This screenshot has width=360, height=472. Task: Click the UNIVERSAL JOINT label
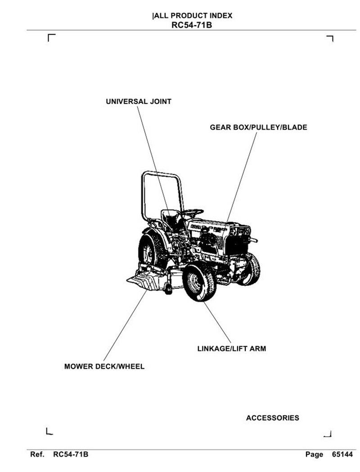pos(139,102)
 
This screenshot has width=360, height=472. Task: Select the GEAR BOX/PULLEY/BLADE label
pos(258,127)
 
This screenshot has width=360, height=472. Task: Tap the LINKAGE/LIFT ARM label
pos(231,349)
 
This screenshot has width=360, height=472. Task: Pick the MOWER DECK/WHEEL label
pos(104,367)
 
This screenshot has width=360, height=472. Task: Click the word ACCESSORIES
pos(272,418)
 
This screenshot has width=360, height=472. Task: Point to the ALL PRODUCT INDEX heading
pos(193,16)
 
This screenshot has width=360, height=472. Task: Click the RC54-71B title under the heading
pos(192,25)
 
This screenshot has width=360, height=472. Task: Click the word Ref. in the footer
pos(37,454)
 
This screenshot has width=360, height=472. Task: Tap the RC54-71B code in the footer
pos(71,454)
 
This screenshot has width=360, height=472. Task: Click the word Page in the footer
pos(314,454)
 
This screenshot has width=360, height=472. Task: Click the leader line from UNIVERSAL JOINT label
pos(151,153)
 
